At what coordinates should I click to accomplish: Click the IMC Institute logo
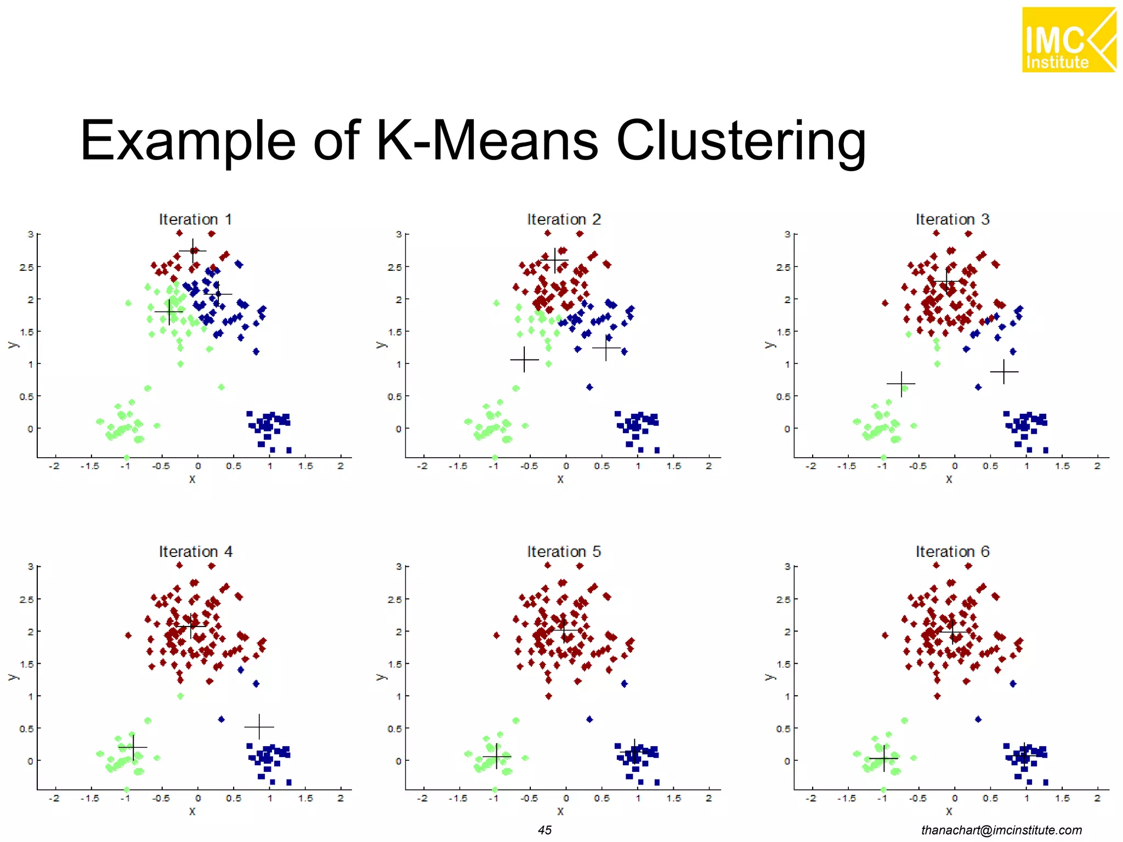point(1068,39)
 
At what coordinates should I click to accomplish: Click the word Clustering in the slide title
point(741,141)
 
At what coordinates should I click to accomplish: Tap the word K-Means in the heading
point(487,141)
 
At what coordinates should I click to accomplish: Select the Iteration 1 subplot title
point(195,219)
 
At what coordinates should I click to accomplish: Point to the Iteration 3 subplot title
point(952,219)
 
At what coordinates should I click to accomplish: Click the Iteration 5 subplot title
point(564,551)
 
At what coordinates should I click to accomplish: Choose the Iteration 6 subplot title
point(952,551)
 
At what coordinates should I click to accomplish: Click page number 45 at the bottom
point(545,830)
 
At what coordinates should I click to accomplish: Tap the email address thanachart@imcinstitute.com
point(1001,830)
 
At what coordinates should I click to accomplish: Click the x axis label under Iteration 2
point(560,479)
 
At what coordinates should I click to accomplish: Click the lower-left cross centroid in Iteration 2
point(524,360)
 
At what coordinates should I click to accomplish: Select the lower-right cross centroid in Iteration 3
point(1004,372)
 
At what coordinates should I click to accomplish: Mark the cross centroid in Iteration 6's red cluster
point(954,632)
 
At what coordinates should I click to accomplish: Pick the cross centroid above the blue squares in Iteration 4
point(259,727)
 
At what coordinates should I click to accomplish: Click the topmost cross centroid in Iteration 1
point(192,251)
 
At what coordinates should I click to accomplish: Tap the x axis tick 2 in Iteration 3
point(1097,466)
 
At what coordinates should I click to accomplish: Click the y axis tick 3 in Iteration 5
point(399,566)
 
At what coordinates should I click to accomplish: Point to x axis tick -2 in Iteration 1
point(54,466)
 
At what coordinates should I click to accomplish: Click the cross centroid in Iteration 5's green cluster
point(496,756)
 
